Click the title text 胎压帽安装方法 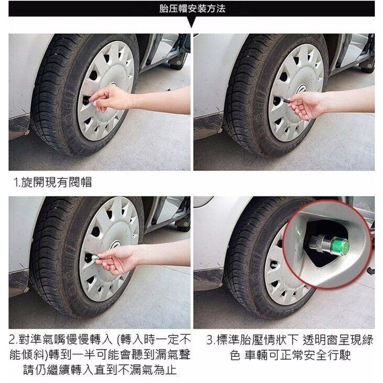pyautogui.click(x=192, y=9)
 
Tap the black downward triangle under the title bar pyautogui.click(x=192, y=22)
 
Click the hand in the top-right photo pyautogui.click(x=305, y=105)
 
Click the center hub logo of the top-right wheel pyautogui.click(x=302, y=89)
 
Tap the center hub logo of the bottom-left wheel pyautogui.click(x=116, y=245)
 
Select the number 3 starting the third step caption pyautogui.click(x=209, y=340)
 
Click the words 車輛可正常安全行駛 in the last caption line pyautogui.click(x=298, y=355)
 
